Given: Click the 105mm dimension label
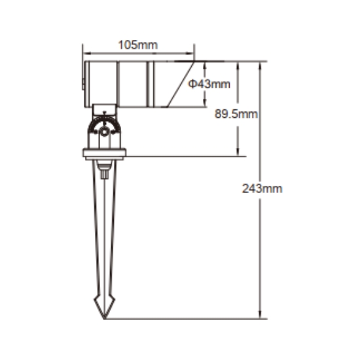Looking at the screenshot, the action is point(137,45).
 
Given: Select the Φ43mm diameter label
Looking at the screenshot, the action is point(209,84).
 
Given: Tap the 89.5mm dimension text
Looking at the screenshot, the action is point(236,114).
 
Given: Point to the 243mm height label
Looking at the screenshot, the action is point(262,189).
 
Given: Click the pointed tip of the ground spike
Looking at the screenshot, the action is point(105,318).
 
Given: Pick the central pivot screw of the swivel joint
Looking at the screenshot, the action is point(105,132).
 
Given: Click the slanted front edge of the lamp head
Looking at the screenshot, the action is point(181,84).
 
